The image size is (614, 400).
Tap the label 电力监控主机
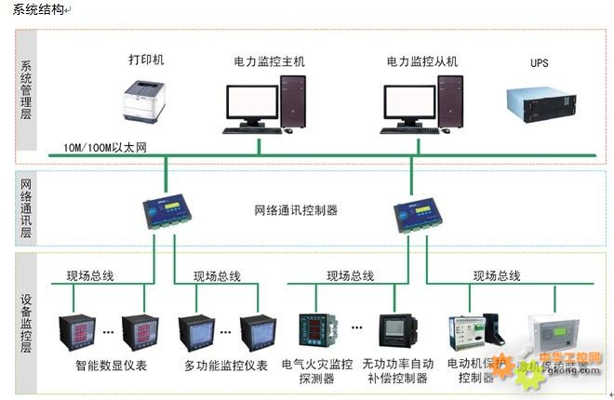coord(269,61)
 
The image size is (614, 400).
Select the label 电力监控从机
coord(423,61)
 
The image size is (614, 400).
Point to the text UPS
coord(540,63)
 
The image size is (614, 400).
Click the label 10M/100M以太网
coord(105,148)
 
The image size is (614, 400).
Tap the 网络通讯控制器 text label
coord(296,211)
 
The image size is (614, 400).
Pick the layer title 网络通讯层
coord(26,210)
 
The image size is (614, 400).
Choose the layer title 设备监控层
coord(26,322)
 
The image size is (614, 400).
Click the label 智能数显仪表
coord(112,366)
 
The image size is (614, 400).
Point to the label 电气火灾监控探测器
coord(317,371)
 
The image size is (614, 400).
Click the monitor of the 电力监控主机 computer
coord(252,104)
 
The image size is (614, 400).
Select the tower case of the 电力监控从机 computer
coord(449,99)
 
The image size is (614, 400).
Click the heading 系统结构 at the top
coord(38,9)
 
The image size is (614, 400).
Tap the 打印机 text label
coord(146,60)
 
